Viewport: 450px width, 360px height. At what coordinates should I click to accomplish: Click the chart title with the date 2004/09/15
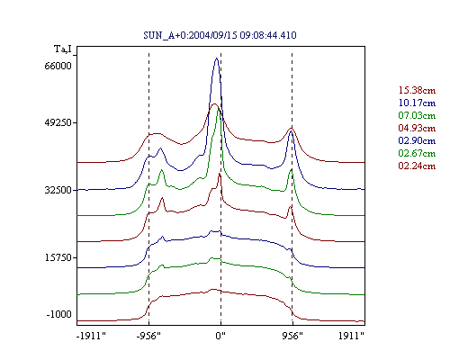pyautogui.click(x=220, y=35)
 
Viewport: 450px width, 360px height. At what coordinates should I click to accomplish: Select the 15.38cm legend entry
pyautogui.click(x=417, y=90)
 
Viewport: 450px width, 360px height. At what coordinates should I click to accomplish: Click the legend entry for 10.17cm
pyautogui.click(x=417, y=103)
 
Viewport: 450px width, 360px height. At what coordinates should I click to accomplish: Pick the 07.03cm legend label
pyautogui.click(x=417, y=115)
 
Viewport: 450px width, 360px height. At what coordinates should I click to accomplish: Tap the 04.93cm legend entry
pyautogui.click(x=417, y=128)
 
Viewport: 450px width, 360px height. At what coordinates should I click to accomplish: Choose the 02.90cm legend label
pyautogui.click(x=417, y=140)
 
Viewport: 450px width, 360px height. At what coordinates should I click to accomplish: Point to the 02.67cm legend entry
pyautogui.click(x=417, y=153)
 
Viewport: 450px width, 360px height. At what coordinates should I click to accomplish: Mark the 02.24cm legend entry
pyautogui.click(x=417, y=166)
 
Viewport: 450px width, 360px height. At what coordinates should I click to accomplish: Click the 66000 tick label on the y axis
pyautogui.click(x=58, y=66)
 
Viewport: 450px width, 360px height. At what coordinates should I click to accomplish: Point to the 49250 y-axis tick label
pyautogui.click(x=58, y=122)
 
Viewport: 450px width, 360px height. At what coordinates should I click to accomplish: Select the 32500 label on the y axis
pyautogui.click(x=58, y=190)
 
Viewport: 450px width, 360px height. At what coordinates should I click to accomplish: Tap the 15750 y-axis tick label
pyautogui.click(x=58, y=257)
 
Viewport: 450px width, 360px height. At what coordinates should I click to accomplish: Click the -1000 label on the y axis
pyautogui.click(x=58, y=314)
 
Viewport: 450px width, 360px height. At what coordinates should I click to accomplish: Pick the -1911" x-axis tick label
pyautogui.click(x=91, y=336)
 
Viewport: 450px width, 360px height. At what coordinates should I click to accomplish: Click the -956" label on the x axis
pyautogui.click(x=148, y=336)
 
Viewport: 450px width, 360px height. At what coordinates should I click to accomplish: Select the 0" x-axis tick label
pyautogui.click(x=220, y=336)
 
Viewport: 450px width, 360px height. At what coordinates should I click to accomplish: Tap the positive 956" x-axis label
pyautogui.click(x=292, y=336)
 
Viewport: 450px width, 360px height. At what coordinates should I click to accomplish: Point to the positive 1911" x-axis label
pyautogui.click(x=351, y=336)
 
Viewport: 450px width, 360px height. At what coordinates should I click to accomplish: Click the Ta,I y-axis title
pyautogui.click(x=63, y=49)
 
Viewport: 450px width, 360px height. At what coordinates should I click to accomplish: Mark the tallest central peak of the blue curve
pyautogui.click(x=217, y=58)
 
